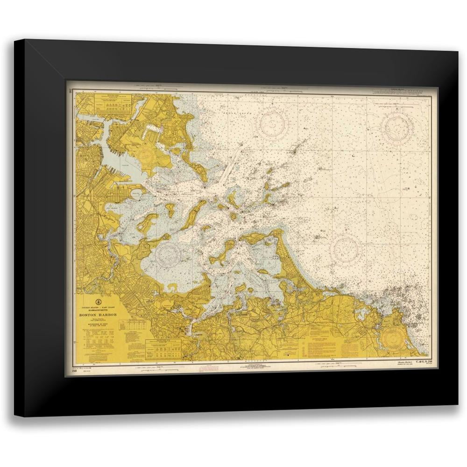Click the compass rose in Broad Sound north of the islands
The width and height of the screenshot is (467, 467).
point(274,123)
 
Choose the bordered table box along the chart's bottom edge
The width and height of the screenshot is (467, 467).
point(163,349)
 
